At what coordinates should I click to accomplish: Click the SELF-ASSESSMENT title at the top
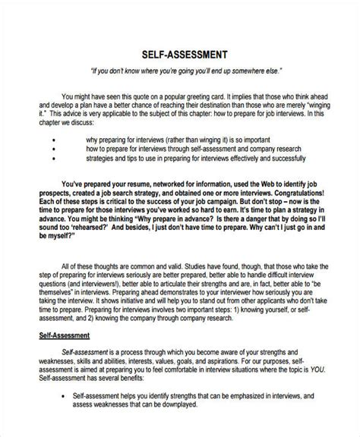181,54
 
